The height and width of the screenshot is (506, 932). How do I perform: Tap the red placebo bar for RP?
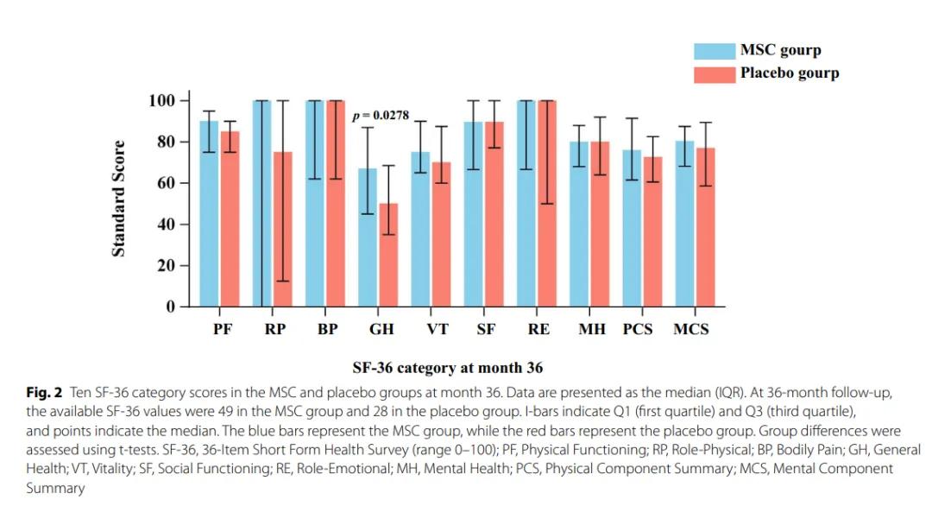pyautogui.click(x=283, y=229)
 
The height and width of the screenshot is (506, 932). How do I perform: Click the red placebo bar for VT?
pyautogui.click(x=441, y=234)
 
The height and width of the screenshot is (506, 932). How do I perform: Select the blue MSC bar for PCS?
pyautogui.click(x=632, y=229)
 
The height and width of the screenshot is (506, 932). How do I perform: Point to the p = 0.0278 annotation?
pyautogui.click(x=381, y=115)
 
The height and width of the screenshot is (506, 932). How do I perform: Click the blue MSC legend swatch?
pyautogui.click(x=715, y=50)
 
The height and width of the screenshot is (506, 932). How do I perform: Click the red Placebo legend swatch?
pyautogui.click(x=715, y=73)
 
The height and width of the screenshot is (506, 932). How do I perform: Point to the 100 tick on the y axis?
pyautogui.click(x=163, y=101)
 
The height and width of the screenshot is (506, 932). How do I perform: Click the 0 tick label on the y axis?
pyautogui.click(x=170, y=307)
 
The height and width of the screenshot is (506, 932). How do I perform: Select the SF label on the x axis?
pyautogui.click(x=486, y=330)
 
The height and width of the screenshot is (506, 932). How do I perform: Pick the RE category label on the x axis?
pyautogui.click(x=538, y=330)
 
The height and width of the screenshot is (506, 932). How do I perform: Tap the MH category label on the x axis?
pyautogui.click(x=591, y=330)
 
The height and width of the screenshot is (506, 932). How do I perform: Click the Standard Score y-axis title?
pyautogui.click(x=119, y=199)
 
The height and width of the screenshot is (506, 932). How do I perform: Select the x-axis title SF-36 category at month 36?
pyautogui.click(x=447, y=368)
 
